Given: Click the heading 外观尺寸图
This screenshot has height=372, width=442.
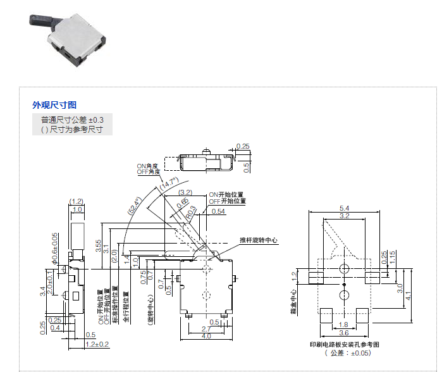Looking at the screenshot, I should pyautogui.click(x=54, y=105).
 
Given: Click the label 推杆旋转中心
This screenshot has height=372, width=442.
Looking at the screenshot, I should pyautogui.click(x=259, y=240).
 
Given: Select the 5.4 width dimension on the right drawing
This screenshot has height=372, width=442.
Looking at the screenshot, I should pyautogui.click(x=345, y=208).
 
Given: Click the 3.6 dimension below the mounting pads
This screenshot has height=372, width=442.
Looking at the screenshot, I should pyautogui.click(x=344, y=333).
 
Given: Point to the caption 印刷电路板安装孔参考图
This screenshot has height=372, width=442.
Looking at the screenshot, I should pyautogui.click(x=344, y=344).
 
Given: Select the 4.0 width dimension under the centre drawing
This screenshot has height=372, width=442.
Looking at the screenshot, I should pyautogui.click(x=206, y=337).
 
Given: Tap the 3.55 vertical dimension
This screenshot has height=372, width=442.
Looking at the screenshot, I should pyautogui.click(x=98, y=246).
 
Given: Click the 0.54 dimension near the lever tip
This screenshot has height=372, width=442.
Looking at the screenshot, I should pyautogui.click(x=218, y=211).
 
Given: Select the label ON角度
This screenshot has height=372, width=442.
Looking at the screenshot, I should pyautogui.click(x=147, y=166).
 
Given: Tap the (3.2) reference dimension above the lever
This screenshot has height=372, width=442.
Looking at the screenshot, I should pyautogui.click(x=185, y=192).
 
